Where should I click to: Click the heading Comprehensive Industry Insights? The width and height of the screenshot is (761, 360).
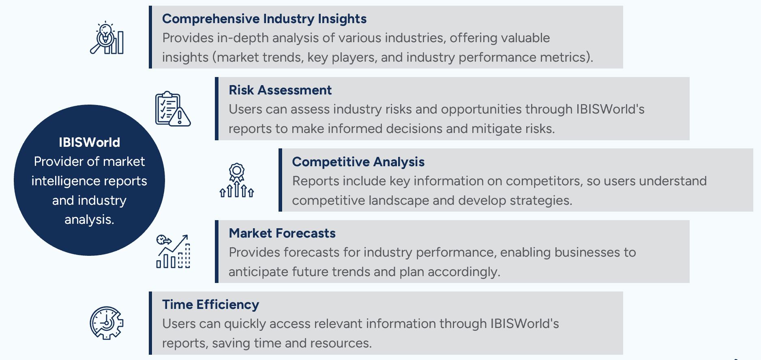coord(264,19)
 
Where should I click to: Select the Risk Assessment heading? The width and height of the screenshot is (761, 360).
coord(280,90)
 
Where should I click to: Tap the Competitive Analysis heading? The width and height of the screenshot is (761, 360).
coord(358,162)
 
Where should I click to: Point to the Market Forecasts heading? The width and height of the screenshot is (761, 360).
coord(282,233)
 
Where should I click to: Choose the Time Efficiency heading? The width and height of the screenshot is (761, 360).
coord(210,305)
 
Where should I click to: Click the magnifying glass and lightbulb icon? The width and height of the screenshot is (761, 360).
coord(107,38)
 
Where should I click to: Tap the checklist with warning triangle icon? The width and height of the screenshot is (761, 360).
coord(173,109)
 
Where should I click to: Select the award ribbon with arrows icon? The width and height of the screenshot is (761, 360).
coord(237,180)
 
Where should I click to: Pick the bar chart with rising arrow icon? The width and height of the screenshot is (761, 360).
coord(173,251)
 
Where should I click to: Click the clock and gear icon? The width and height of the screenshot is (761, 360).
coord(107,323)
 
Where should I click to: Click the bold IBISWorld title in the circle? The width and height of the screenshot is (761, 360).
coord(89,142)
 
